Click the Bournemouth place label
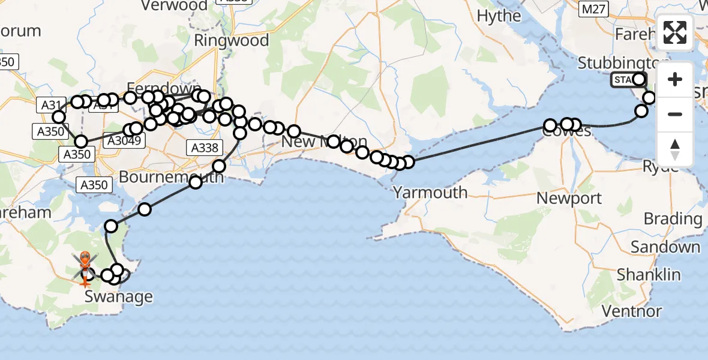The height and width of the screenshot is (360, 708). coord(171,177)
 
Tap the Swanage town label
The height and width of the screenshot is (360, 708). coord(118,296)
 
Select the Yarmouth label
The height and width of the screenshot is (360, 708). coord(430,192)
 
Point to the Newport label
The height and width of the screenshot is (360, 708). coord(569,197)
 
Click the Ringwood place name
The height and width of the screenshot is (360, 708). coord(231,41)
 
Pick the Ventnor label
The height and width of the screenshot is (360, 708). coord(631,311)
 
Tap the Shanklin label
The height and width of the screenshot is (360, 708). coord(649,275)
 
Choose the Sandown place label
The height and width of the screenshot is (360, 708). coord(665,247)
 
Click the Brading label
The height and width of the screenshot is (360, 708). coord(673,219)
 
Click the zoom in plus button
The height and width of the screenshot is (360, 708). coord(675,79)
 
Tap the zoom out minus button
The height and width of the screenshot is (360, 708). coord(675,114)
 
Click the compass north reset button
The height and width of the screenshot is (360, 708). coord(675,149)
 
